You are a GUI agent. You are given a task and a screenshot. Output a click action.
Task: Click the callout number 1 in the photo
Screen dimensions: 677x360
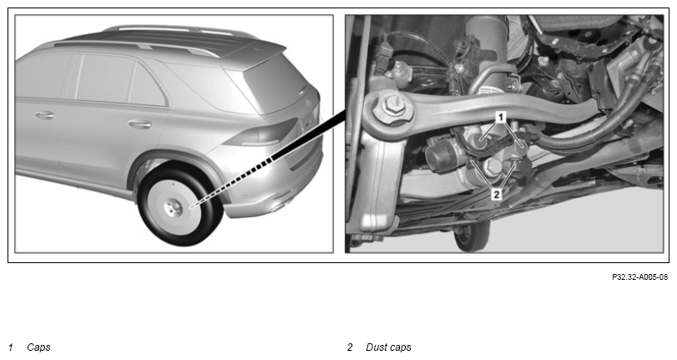tap(500, 117)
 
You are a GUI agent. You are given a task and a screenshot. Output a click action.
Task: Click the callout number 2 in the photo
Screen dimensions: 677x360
tap(497, 195)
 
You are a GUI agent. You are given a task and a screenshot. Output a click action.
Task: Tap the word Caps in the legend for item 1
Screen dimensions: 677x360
tap(38, 347)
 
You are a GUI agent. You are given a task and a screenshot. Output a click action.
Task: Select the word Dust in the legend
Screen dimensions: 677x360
tap(376, 347)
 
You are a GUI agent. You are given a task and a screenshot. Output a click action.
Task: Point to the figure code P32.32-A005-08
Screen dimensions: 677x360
tap(640, 277)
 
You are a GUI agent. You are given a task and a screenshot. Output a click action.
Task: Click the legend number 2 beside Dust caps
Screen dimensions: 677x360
tap(350, 347)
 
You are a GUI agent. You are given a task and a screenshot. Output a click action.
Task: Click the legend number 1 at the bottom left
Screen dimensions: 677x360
tap(11, 347)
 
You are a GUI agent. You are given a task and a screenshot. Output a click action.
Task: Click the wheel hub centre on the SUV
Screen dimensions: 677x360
tap(174, 206)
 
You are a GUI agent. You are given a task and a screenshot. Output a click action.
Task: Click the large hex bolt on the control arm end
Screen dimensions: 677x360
tap(392, 106)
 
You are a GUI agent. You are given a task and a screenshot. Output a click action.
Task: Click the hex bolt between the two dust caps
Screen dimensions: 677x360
tap(493, 166)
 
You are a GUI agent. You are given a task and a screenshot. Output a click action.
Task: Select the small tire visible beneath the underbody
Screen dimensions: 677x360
tap(472, 235)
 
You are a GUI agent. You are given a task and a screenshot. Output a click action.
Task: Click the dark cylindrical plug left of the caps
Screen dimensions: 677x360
tap(439, 156)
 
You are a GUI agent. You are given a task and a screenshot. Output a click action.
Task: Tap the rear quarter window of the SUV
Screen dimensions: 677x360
tap(147, 84)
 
